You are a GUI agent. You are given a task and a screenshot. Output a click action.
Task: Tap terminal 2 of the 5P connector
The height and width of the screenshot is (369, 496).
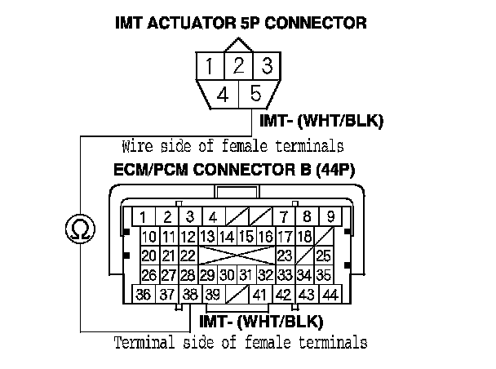coord(238,65)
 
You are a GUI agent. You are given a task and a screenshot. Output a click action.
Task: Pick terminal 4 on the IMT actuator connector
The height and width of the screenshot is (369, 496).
coord(222,94)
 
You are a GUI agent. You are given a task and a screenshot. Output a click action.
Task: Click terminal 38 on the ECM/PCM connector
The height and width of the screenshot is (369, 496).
coord(190,295)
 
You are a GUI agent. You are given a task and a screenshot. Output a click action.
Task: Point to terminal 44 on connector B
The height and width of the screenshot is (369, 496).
coord(330,295)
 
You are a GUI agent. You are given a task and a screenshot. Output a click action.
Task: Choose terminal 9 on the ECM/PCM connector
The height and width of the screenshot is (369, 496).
coord(330,216)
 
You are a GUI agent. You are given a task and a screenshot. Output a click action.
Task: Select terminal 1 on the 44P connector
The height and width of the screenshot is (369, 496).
coord(143,216)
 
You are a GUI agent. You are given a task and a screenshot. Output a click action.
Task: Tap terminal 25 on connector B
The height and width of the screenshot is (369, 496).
coord(324,256)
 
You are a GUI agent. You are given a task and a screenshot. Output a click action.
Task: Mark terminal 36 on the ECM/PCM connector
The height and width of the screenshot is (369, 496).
coord(143,295)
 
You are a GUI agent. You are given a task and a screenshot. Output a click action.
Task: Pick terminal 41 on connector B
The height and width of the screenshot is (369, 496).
coord(261,295)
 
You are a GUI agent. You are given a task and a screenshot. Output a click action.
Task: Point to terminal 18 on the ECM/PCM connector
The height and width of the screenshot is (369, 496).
coord(305,237)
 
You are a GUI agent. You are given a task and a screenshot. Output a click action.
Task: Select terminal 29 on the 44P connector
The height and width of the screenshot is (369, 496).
coord(207,275)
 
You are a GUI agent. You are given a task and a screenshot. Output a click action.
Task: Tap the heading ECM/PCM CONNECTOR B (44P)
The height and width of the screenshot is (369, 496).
coord(238,173)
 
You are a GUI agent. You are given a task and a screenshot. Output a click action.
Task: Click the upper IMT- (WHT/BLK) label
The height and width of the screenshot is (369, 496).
coord(321,122)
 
